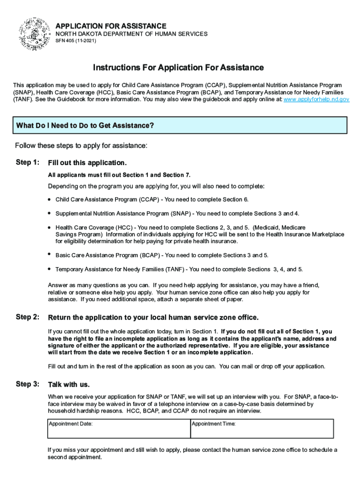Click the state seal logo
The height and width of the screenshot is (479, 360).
[x=35, y=34]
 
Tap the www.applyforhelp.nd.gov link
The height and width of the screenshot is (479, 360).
[x=317, y=100]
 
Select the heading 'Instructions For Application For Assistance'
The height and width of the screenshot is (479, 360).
[x=178, y=68]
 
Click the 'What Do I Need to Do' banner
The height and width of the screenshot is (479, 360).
[x=180, y=126]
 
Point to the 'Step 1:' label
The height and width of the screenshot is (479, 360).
[x=27, y=162]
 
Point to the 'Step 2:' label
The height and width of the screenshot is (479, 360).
[x=27, y=317]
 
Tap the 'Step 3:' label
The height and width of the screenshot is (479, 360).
[x=27, y=384]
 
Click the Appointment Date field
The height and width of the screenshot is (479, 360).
[x=119, y=428]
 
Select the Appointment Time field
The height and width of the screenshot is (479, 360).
[x=262, y=428]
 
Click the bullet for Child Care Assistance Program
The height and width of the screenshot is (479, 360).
[x=49, y=199]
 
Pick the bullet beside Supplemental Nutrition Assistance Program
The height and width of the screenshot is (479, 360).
[x=49, y=213]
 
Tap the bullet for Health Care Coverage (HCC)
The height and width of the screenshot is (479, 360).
[x=49, y=227]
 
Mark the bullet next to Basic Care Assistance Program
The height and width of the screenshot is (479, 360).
[x=49, y=255]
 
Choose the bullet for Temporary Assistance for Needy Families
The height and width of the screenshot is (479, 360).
[x=49, y=269]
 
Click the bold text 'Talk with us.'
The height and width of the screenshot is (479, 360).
[x=69, y=385]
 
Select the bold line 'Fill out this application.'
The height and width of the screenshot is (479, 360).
[x=87, y=163]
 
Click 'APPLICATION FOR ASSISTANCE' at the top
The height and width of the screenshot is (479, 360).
[x=111, y=26]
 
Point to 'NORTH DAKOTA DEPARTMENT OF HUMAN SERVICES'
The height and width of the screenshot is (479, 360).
[x=131, y=35]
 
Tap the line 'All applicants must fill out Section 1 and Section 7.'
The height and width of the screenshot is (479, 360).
[x=119, y=175]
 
